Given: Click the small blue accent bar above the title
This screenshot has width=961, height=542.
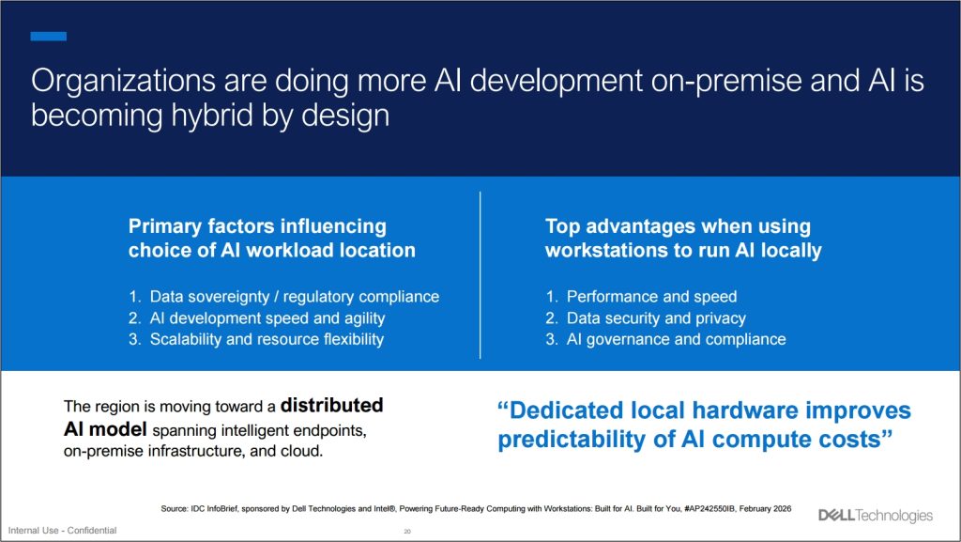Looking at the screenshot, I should click(48, 37).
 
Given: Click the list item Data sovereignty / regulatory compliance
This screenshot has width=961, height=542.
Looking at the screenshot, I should click(294, 296).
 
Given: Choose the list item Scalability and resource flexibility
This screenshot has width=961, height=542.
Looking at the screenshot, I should click(267, 339).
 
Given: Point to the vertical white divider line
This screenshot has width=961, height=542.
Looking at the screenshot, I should click(480, 274).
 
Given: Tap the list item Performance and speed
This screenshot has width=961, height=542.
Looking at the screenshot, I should click(651, 296).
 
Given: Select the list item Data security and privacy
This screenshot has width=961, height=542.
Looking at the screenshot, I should click(656, 317).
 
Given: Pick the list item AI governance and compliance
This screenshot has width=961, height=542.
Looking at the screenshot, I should click(676, 339).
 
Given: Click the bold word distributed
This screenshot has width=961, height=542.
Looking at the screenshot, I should click(332, 406).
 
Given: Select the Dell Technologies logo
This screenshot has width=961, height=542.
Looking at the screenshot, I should click(876, 515).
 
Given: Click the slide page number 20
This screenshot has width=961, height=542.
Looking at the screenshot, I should click(407, 531).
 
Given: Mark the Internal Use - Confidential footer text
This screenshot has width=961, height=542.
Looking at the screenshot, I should click(63, 531).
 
